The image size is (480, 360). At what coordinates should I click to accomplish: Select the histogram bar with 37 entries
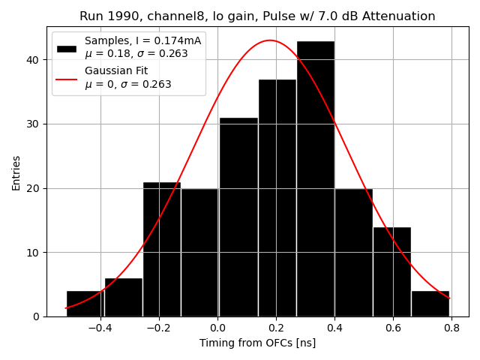[277, 198]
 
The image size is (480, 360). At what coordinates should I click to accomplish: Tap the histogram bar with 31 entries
[238, 217]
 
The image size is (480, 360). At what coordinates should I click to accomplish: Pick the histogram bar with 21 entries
[161, 249]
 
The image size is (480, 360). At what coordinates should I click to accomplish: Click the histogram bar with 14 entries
[391, 271]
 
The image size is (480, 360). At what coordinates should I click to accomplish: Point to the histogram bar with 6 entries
[123, 297]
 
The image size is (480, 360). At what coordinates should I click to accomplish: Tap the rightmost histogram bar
[430, 304]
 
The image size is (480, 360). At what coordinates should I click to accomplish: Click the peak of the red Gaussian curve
[270, 40]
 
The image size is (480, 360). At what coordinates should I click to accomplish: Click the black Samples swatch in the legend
[67, 48]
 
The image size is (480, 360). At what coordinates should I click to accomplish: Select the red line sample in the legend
[67, 77]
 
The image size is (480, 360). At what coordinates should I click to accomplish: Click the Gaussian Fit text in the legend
[115, 70]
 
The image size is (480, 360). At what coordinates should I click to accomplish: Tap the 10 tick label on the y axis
[35, 253]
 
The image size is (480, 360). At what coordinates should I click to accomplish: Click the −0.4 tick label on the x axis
[100, 328]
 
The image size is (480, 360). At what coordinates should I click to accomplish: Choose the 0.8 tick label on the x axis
[451, 328]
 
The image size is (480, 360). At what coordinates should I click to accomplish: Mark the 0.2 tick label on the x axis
[276, 328]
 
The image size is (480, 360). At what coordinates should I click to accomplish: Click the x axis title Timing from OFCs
[257, 343]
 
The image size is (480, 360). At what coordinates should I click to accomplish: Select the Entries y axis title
[16, 173]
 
